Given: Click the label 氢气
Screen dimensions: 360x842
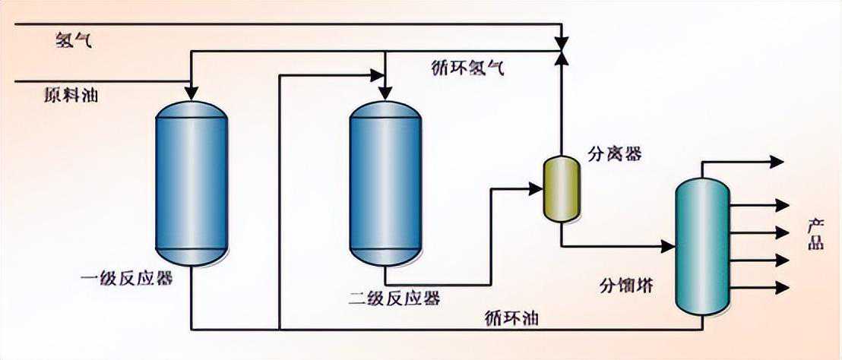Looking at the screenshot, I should pyautogui.click(x=74, y=40).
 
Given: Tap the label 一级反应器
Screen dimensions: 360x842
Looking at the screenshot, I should pyautogui.click(x=126, y=279).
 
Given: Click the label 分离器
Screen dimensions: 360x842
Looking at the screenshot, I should pyautogui.click(x=615, y=154).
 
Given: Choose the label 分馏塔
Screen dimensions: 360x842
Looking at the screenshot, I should pyautogui.click(x=626, y=286).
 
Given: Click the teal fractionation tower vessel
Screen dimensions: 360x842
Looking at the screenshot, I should pyautogui.click(x=702, y=247).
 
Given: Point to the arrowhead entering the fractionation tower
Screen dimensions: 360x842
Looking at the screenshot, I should pyautogui.click(x=669, y=246).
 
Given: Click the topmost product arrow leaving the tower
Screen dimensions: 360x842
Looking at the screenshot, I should pyautogui.click(x=777, y=161).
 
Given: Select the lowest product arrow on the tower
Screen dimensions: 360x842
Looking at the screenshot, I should pyautogui.click(x=782, y=287).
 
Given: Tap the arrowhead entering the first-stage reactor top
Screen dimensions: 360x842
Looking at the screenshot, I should pyautogui.click(x=191, y=93).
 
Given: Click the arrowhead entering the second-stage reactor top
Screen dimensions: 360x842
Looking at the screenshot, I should pyautogui.click(x=385, y=93).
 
